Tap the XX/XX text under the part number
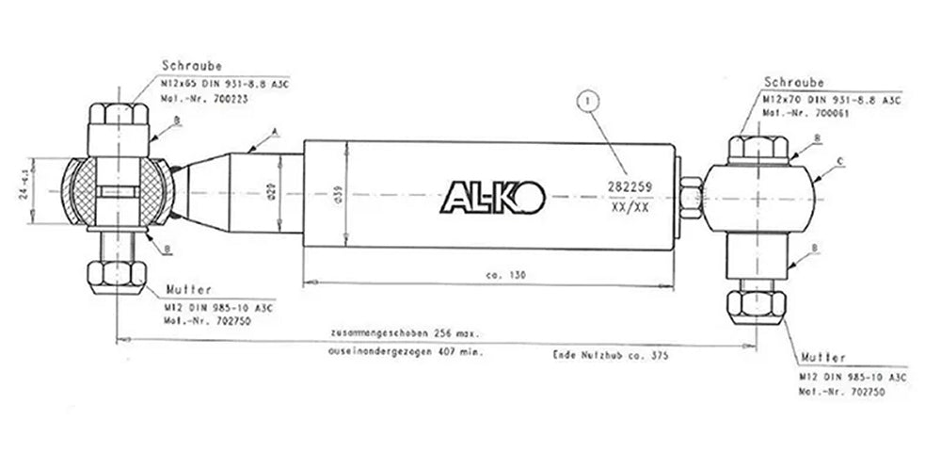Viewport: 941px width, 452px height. [630, 207]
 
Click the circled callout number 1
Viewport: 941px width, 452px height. [589, 97]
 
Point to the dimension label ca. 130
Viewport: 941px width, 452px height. [505, 275]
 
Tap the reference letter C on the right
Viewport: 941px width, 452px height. [839, 163]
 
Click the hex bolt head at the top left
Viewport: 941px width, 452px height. [118, 119]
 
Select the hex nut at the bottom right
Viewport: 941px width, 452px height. [758, 306]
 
